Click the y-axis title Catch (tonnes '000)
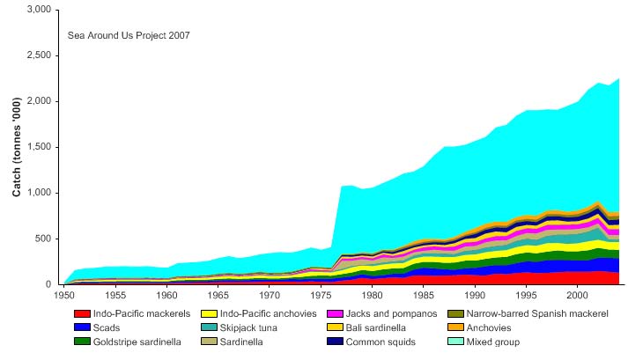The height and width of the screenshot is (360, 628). [17, 147]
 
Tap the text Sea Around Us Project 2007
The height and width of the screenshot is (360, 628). [129, 36]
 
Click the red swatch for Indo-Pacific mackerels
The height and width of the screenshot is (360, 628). [81, 313]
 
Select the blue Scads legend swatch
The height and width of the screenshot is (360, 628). [81, 327]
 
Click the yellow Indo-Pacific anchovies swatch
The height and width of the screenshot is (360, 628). [210, 313]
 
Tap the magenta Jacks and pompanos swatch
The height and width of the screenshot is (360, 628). [335, 313]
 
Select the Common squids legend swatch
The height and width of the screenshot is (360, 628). [335, 342]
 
